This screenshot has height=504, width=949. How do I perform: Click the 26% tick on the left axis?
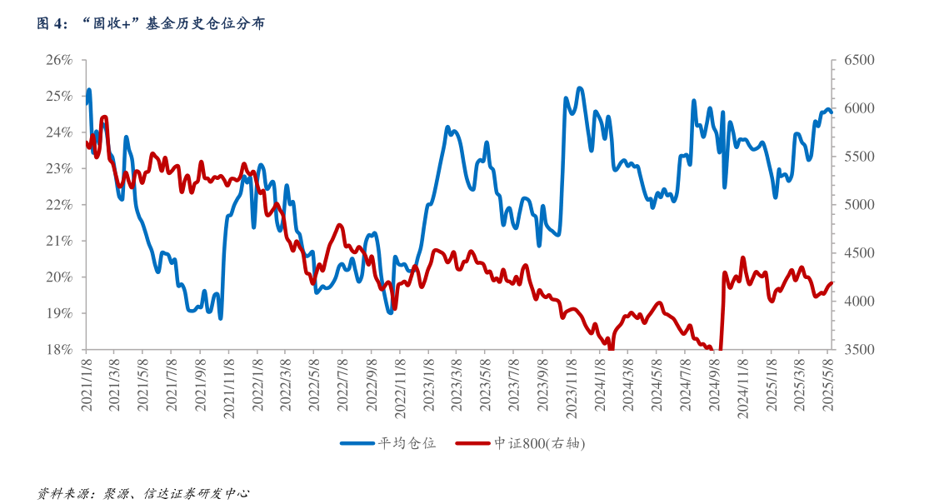61,61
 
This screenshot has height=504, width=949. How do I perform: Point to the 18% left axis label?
61,350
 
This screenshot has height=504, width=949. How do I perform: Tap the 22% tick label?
61,205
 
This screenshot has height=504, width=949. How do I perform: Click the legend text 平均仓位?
407,443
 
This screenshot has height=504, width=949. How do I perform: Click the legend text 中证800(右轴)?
540,443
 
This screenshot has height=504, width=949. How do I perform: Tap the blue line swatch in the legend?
357,443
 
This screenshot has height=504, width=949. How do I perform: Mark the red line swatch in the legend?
473,443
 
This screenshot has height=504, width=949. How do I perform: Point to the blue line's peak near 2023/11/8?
580,87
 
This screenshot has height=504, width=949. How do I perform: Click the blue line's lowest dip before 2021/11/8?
220,318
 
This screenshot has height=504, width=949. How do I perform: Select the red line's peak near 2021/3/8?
104,117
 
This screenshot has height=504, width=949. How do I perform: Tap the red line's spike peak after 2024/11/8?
742,258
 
